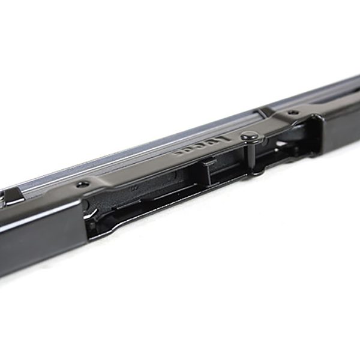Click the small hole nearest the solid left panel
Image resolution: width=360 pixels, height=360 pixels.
(x=85, y=184)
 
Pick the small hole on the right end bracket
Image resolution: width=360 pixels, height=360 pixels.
(x=292, y=112)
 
